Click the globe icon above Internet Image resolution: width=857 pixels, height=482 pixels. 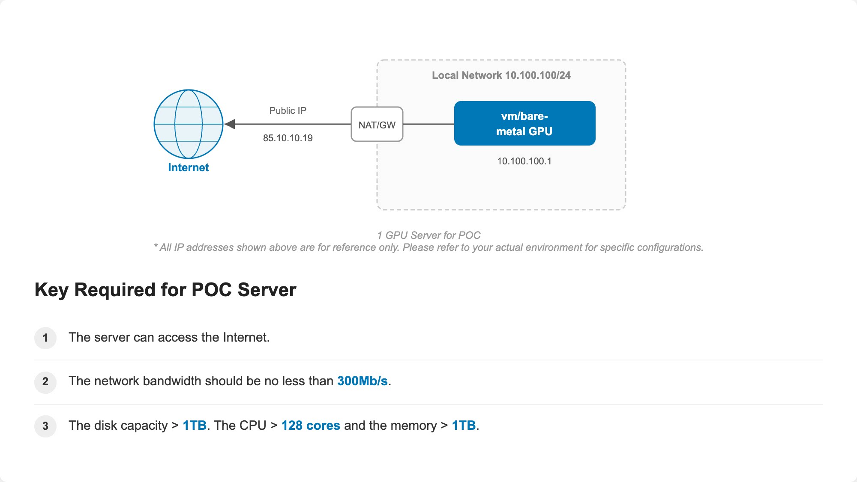coord(189,124)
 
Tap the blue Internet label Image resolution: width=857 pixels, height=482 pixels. coord(189,167)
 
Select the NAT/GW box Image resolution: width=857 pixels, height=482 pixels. coord(377,124)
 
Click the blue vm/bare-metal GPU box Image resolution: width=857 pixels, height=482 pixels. coord(525,123)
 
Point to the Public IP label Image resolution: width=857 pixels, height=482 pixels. coord(288,110)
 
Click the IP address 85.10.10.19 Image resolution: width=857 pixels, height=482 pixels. coord(288,138)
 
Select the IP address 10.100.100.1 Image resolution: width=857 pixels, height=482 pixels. coord(524,161)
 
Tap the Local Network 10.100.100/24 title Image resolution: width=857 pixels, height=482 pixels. coord(501,75)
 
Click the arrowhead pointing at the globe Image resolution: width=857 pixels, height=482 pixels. coord(230,124)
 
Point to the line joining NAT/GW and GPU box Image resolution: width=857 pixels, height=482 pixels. coord(428,124)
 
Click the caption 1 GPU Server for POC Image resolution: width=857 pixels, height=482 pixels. coord(429,235)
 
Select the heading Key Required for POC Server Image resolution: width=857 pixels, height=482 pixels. coord(165,290)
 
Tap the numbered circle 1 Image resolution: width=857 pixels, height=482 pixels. coord(45,338)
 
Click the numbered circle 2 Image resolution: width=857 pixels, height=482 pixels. coord(45,382)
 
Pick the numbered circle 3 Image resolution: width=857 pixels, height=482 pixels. coord(45,426)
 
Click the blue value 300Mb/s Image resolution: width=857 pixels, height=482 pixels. coord(363,381)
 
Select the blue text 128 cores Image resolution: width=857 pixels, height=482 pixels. coord(311,425)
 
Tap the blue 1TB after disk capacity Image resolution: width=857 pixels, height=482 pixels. coord(195,425)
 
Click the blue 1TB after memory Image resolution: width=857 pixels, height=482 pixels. coord(464,425)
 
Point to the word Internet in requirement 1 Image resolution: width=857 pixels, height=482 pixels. coord(245,337)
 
